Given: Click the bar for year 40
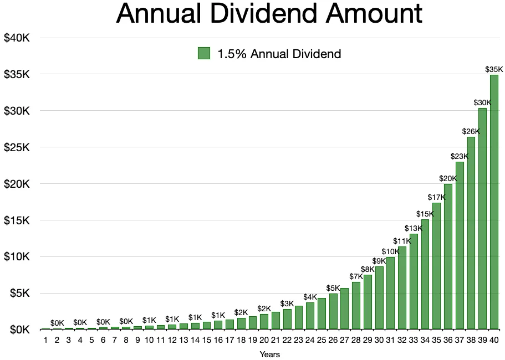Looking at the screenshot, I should click(x=494, y=202).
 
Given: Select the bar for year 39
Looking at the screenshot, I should click(x=482, y=219).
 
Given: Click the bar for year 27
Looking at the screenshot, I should click(x=344, y=308).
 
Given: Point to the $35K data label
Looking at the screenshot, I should click(x=494, y=69).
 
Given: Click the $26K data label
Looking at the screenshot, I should click(x=471, y=131).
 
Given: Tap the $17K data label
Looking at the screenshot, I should click(x=436, y=197).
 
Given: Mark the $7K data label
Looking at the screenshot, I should click(x=355, y=276).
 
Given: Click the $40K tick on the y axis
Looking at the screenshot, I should click(x=20, y=38).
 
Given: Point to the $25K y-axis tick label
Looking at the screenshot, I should click(x=20, y=147).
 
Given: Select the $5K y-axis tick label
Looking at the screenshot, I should click(x=23, y=293).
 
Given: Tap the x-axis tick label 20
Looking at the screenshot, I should click(x=264, y=340).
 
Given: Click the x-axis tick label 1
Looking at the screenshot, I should click(x=45, y=340).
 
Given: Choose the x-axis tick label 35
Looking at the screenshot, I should click(x=436, y=340).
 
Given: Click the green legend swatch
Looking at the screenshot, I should click(x=204, y=54).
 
